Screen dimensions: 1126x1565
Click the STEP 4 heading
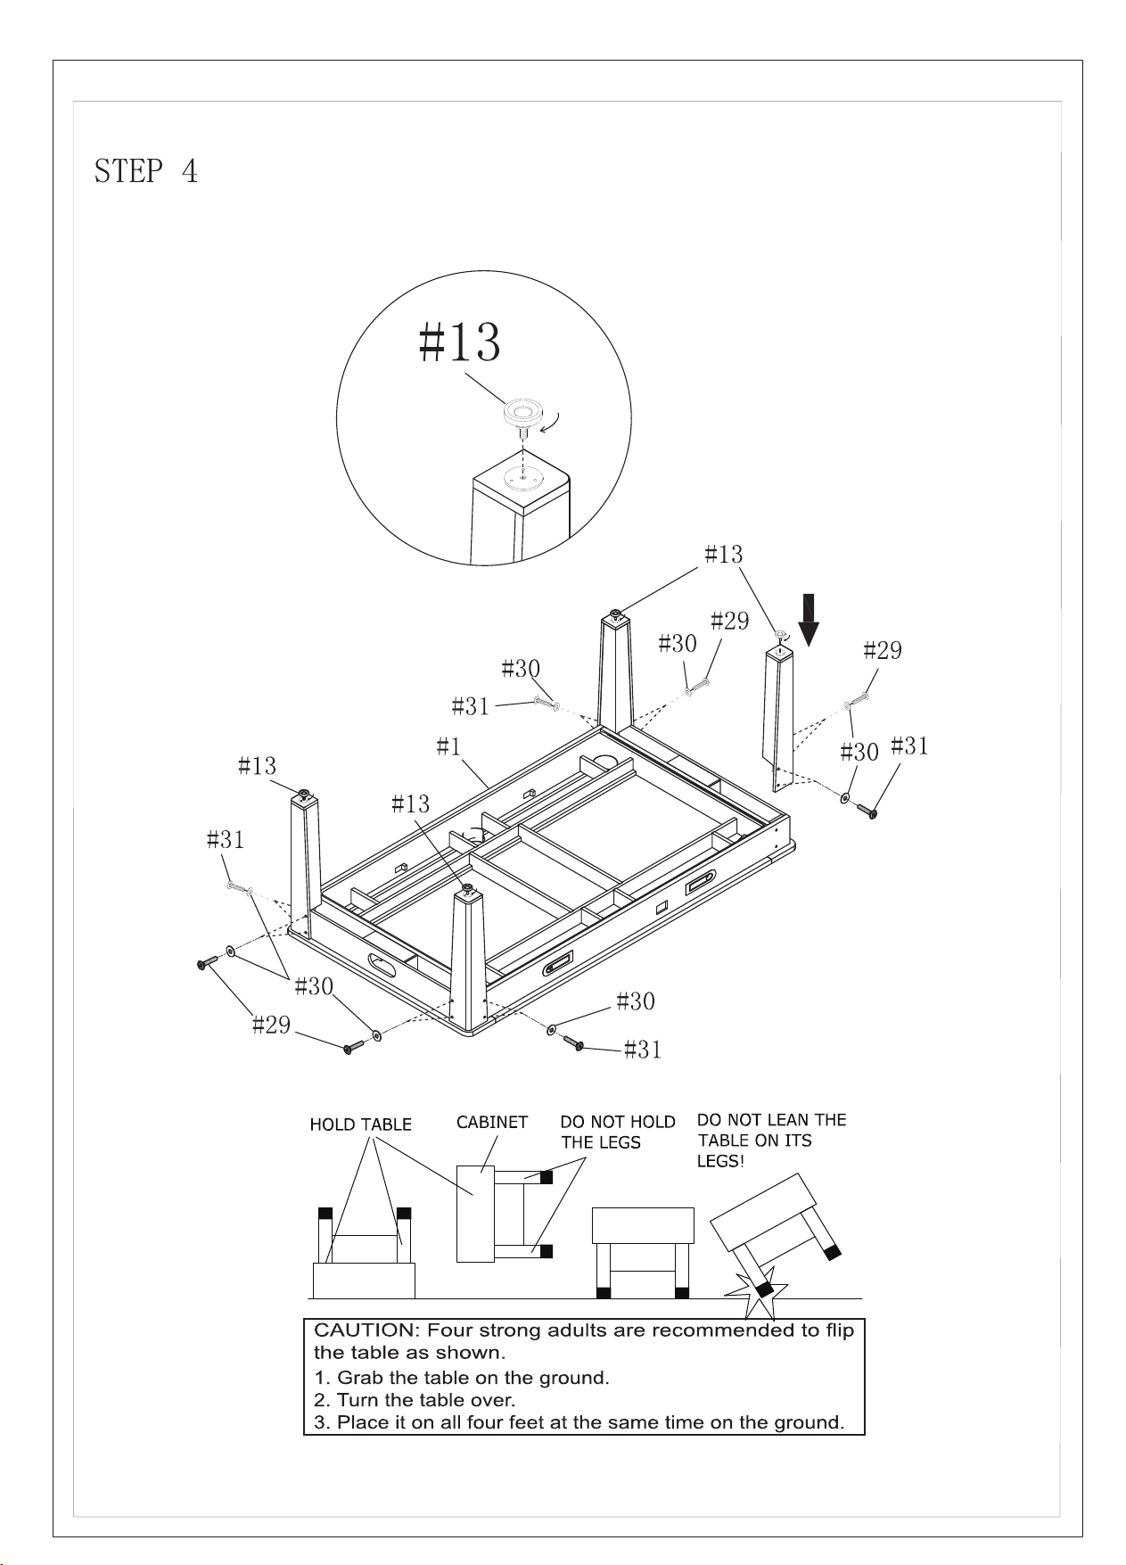click(x=146, y=170)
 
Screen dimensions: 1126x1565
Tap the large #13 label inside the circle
click(x=460, y=342)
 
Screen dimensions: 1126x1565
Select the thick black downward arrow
click(x=809, y=620)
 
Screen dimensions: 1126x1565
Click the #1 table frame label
click(x=448, y=746)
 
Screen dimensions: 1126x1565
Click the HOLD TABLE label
click(x=361, y=1124)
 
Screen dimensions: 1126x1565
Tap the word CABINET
click(x=492, y=1122)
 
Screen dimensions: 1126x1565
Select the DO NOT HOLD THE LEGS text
click(x=618, y=1132)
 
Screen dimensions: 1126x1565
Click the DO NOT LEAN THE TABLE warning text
click(x=771, y=1140)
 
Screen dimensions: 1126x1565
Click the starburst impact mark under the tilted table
click(x=758, y=1295)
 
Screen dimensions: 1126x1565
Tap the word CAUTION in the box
click(x=364, y=1330)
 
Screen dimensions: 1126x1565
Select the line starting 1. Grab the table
click(x=462, y=1378)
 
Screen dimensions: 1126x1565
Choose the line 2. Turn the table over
click(x=415, y=1400)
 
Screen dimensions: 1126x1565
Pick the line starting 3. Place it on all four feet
click(x=579, y=1422)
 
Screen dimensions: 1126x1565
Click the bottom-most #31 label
click(x=643, y=1050)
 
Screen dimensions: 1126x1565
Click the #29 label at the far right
click(x=883, y=651)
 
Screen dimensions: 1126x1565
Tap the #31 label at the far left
click(x=226, y=840)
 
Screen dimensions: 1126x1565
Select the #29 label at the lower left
click(x=271, y=1025)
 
